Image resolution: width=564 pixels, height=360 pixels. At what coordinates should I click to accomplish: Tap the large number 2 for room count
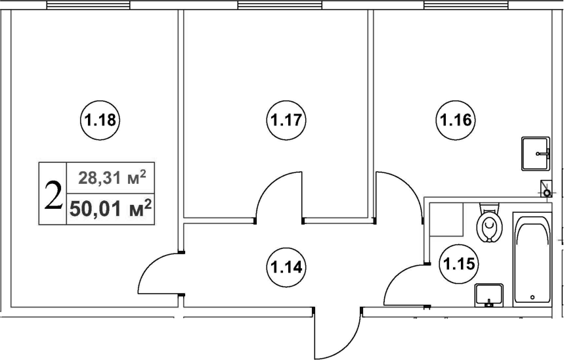53,194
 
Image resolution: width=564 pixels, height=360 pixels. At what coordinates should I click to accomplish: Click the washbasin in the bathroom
488,295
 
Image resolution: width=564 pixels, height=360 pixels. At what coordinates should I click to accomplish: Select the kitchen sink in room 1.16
536,153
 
